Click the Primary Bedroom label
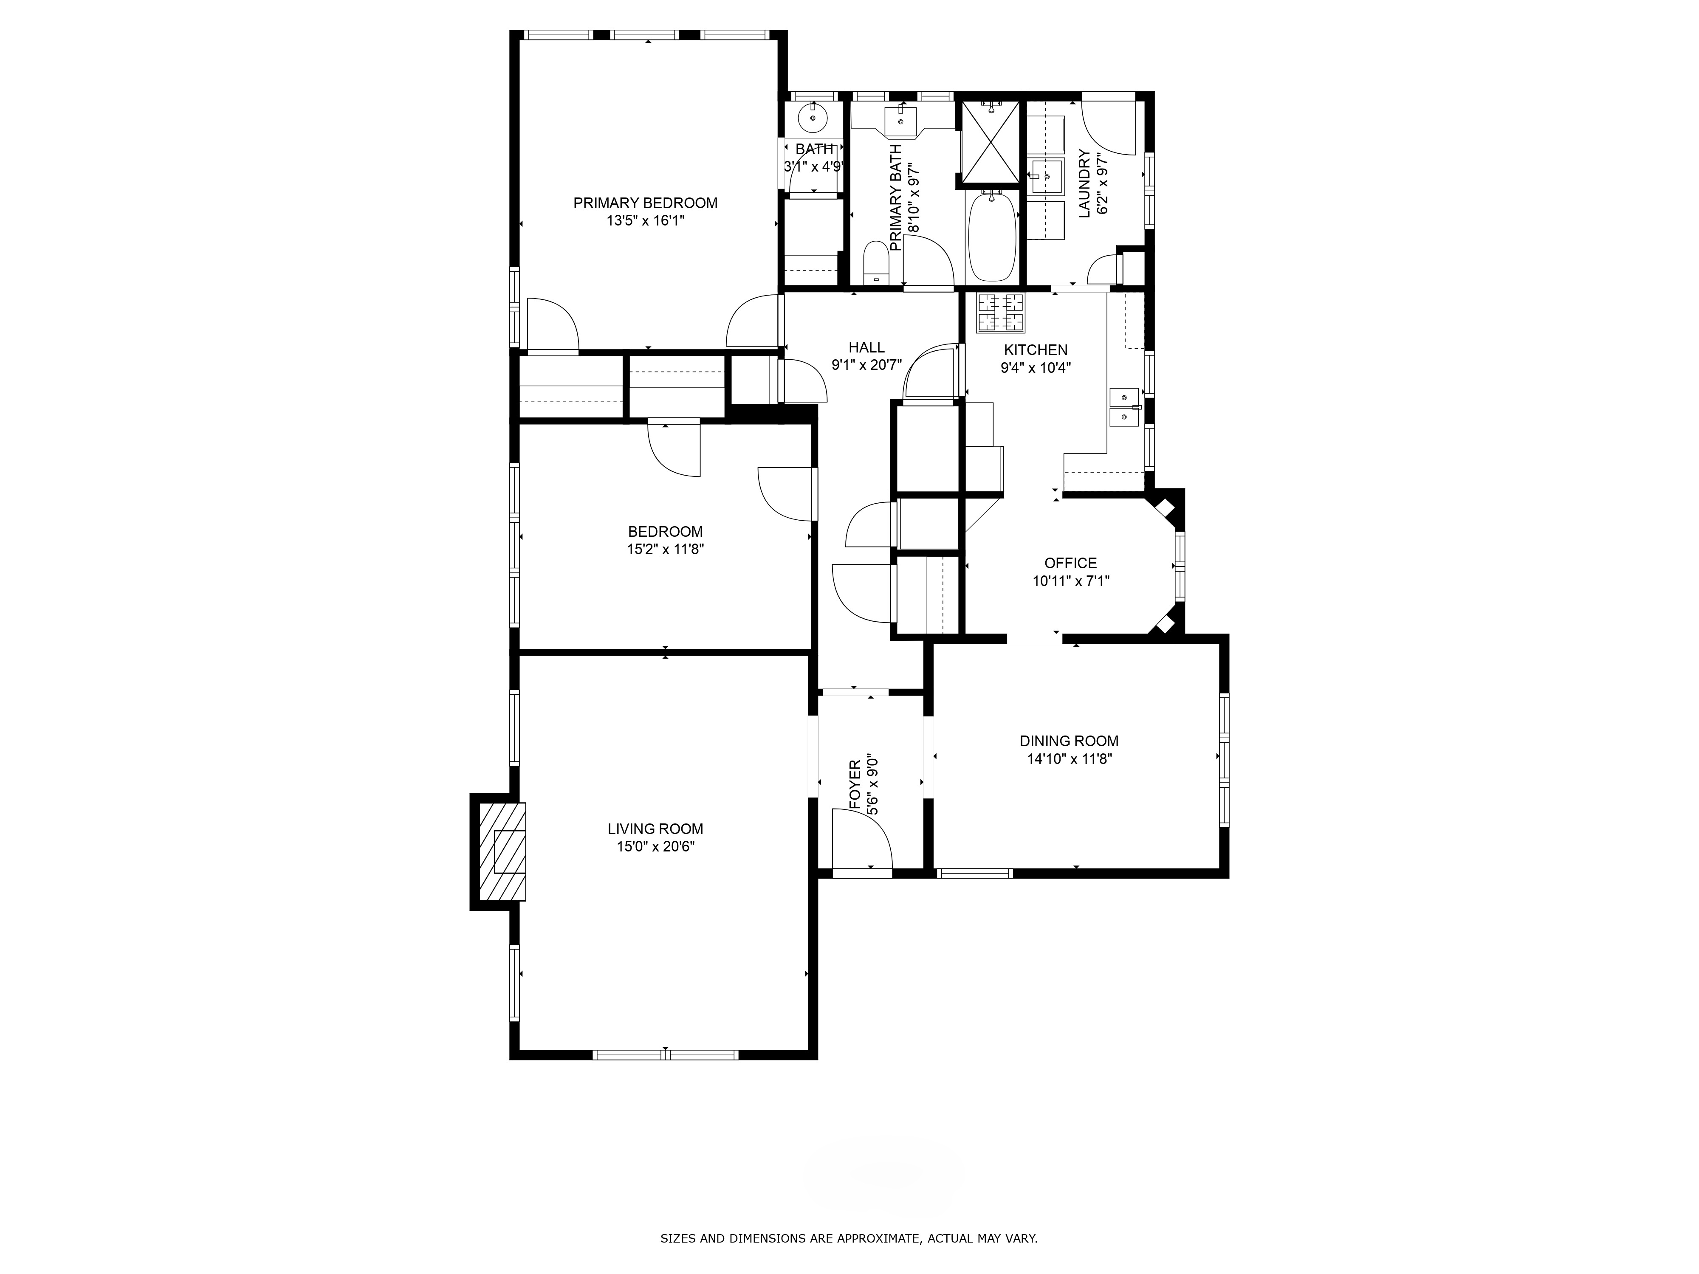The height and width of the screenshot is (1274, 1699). click(645, 203)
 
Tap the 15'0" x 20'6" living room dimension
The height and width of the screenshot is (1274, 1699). click(655, 846)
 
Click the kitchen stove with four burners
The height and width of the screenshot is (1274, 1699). click(1001, 313)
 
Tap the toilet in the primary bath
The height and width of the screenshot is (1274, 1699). click(875, 263)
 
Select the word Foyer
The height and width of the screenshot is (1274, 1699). click(854, 785)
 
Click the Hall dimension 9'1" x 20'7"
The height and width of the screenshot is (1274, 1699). click(866, 366)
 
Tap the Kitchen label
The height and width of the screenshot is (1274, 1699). click(1036, 350)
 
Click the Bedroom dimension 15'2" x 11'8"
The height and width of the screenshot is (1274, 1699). click(665, 549)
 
